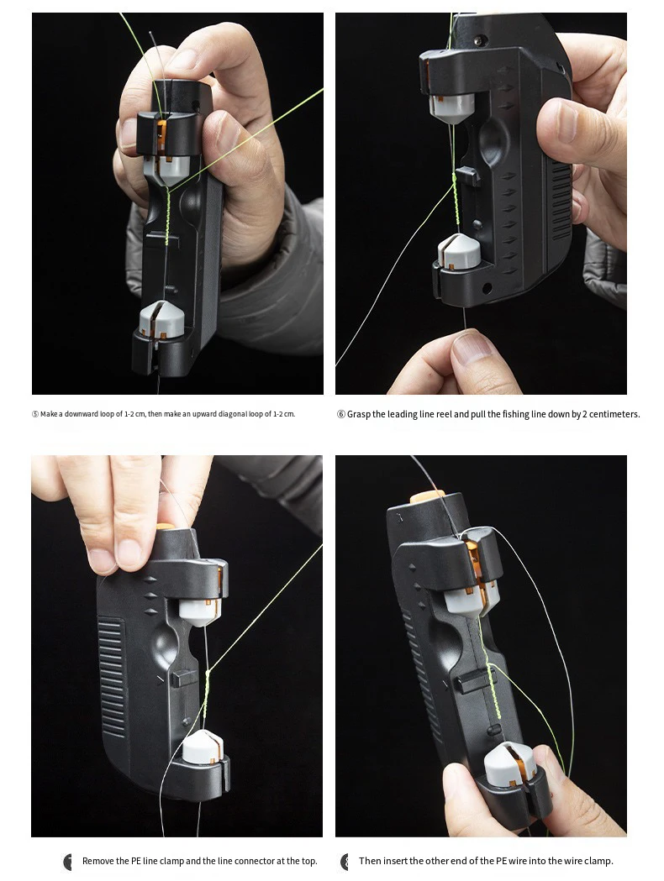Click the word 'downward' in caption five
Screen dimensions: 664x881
coord(82,414)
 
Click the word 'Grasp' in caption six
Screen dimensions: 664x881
coord(359,414)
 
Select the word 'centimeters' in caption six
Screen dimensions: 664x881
coord(617,414)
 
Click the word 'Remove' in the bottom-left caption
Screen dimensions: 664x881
coord(97,861)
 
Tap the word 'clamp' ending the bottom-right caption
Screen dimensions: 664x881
coord(598,861)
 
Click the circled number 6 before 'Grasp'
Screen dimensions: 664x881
coord(340,414)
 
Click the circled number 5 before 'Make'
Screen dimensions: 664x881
coord(35,414)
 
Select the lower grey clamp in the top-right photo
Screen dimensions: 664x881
coord(460,252)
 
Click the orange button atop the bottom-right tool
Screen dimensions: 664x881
coord(427,497)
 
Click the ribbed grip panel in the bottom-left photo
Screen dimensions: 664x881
coord(113,677)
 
